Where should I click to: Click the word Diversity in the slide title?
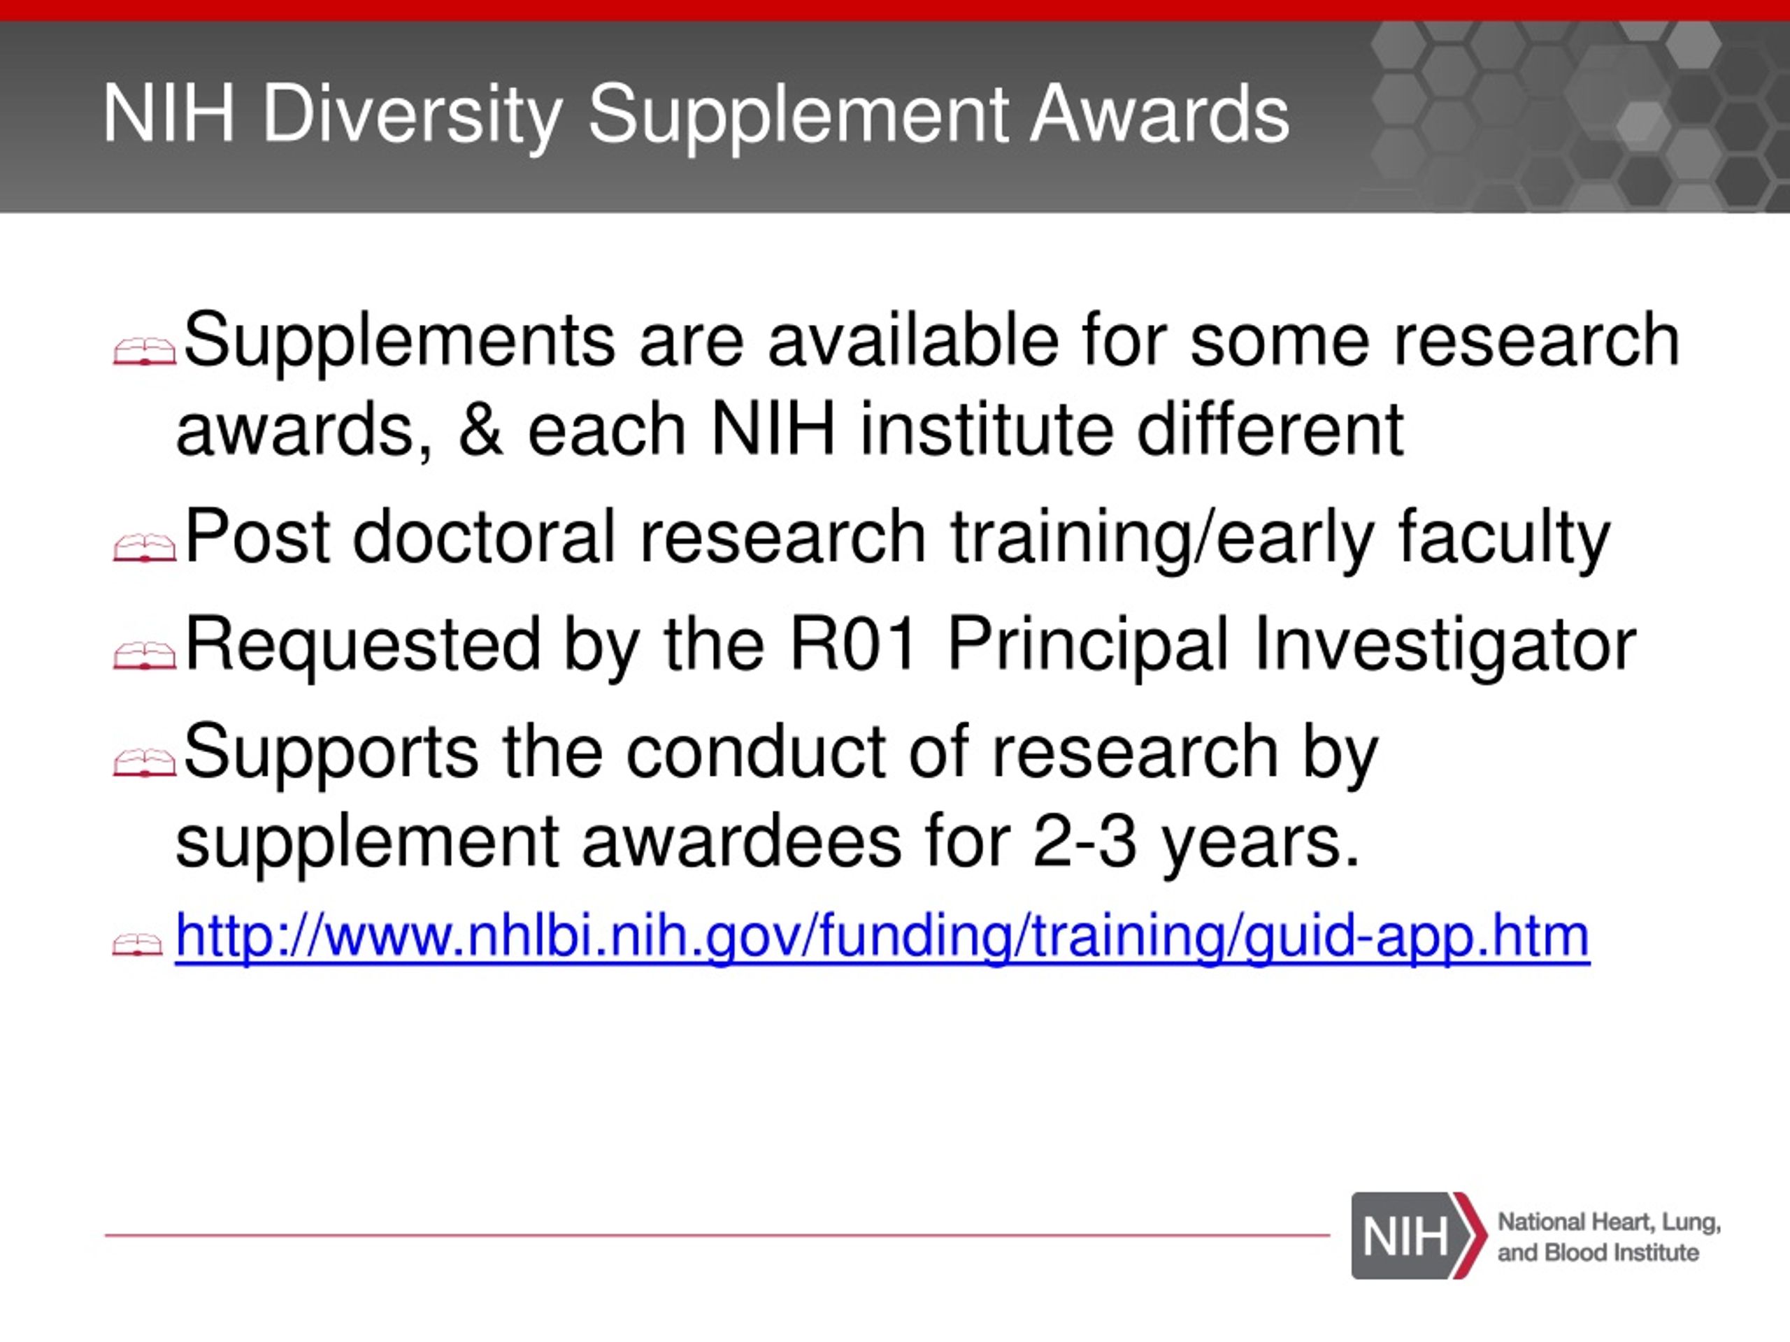tap(413, 115)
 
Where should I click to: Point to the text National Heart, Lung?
tap(1609, 1222)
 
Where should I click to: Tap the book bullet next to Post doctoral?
tap(144, 549)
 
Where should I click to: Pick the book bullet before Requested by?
tap(144, 655)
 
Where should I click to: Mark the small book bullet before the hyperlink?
tap(138, 945)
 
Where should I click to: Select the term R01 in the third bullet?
tap(853, 644)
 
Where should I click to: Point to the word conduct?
tap(756, 751)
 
